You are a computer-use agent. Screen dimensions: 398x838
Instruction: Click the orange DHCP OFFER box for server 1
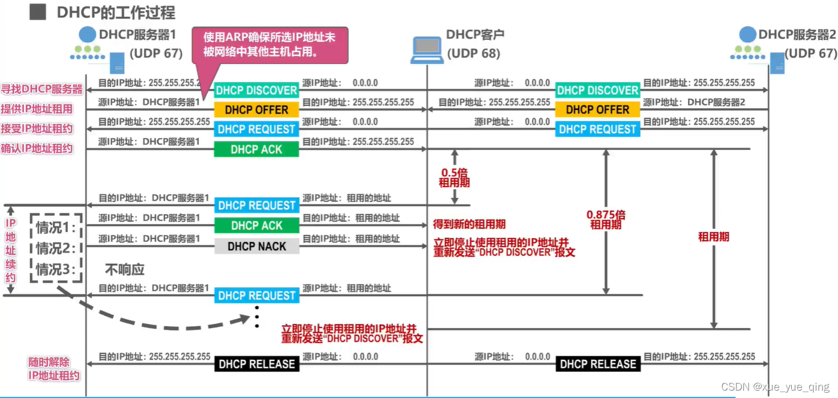[x=257, y=109]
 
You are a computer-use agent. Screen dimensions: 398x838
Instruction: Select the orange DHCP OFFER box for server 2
[x=597, y=109]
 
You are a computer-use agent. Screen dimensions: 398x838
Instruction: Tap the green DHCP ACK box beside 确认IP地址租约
[x=257, y=149]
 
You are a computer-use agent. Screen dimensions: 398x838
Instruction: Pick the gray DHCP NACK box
[x=257, y=246]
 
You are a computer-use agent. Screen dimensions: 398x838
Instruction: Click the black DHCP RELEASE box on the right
[x=597, y=364]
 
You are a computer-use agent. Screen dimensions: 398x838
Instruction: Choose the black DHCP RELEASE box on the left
[x=257, y=364]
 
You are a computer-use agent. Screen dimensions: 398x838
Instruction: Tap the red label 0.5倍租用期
[x=454, y=177]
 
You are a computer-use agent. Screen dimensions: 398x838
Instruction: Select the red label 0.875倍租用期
[x=605, y=220]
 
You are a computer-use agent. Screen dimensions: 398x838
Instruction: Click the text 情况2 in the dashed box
[x=56, y=248]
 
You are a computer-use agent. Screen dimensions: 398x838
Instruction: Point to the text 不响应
[x=125, y=269]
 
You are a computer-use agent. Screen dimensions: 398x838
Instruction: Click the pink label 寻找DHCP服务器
[x=41, y=90]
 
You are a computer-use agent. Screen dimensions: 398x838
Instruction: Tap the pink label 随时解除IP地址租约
[x=54, y=369]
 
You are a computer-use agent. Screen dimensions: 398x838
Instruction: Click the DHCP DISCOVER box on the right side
[x=597, y=90]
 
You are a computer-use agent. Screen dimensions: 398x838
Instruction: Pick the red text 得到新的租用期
[x=469, y=224]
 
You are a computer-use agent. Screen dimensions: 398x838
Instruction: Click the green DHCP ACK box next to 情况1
[x=257, y=226]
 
